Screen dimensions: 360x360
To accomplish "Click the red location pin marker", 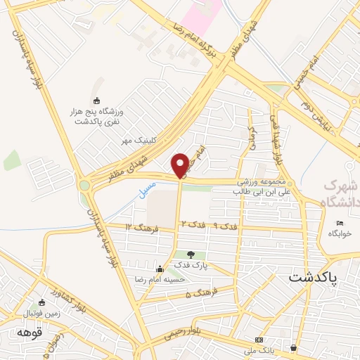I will (181, 165).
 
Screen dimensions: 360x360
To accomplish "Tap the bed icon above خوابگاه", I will (340, 224).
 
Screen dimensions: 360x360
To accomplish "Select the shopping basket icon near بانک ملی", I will (292, 347).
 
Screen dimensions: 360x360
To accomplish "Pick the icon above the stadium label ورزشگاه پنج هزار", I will (96, 101).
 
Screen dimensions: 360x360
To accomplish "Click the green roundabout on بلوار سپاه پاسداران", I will (86, 186).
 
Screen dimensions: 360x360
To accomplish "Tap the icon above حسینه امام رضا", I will (160, 269).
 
